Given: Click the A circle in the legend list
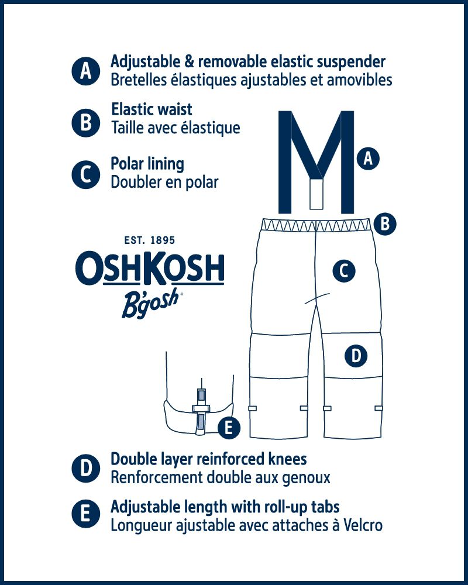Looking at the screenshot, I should click(86, 71).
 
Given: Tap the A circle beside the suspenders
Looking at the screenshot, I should click(368, 158).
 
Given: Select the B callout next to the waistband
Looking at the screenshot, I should click(385, 223).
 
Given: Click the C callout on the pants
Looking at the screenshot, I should click(344, 271).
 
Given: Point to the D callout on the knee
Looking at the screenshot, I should click(356, 355).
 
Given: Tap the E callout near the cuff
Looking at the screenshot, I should click(229, 428).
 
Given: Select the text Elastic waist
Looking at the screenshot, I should click(152, 109).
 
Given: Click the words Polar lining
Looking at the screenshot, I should click(147, 164).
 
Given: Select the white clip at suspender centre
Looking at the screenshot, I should click(316, 194).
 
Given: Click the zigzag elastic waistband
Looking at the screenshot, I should click(316, 224).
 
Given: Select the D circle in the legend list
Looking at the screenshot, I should click(85, 469).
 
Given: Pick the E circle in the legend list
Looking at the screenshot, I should click(85, 515).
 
